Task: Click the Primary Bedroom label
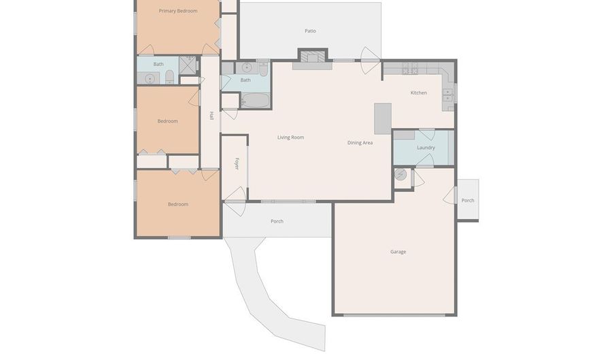coord(177,11)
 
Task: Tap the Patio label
coord(310,31)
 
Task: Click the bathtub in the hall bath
coord(255,101)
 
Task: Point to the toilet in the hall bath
coord(262,68)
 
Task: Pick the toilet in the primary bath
coord(170,76)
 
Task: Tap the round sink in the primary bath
coord(150,78)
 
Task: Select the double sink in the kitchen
coord(448,93)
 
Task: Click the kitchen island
coord(383,118)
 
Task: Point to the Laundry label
coord(426,147)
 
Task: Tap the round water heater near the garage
coord(401,174)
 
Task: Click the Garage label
coord(398,252)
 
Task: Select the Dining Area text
coord(360,143)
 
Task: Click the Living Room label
coord(290,137)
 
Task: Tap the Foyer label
coord(237,163)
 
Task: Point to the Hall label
coord(211,116)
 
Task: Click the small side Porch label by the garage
coord(468,201)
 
